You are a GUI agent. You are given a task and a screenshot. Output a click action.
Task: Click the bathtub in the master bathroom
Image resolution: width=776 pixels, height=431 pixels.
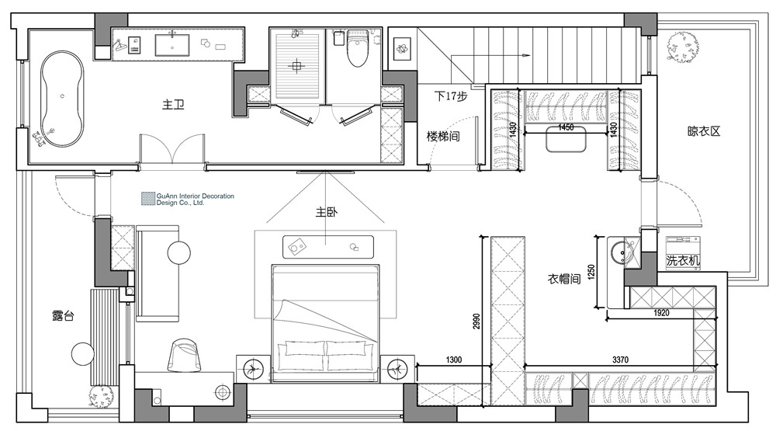[x=62, y=99]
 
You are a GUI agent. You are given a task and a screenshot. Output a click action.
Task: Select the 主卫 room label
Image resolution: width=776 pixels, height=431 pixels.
[x=173, y=105]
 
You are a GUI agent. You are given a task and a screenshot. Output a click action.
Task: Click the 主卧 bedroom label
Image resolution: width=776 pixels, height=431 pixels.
[x=327, y=212]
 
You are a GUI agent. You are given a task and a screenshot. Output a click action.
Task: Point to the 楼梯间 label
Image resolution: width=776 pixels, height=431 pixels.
[x=443, y=136]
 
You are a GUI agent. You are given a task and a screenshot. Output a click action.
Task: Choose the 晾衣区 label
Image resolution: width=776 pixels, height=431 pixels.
[x=704, y=131]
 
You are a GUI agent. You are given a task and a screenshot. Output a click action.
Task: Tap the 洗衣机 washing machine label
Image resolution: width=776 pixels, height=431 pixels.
[x=683, y=261]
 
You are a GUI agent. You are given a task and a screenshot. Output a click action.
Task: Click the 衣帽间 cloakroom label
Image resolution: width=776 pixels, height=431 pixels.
[x=563, y=279]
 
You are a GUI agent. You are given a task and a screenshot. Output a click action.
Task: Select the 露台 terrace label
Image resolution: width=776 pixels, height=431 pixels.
[x=63, y=315]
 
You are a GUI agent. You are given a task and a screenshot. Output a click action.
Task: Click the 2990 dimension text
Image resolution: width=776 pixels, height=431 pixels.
[x=476, y=321]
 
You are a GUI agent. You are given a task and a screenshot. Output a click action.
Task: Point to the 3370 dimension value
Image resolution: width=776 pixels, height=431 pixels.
[x=620, y=360]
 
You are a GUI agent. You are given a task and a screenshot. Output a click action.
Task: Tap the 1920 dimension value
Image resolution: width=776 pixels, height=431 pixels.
[x=661, y=313]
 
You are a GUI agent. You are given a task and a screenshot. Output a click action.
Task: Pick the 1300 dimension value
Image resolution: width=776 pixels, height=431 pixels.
[x=453, y=360]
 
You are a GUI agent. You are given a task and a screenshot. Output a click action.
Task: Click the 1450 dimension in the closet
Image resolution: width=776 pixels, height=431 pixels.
[x=566, y=127]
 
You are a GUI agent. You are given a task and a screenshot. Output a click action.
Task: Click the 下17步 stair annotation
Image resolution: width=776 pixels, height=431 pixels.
[x=450, y=96]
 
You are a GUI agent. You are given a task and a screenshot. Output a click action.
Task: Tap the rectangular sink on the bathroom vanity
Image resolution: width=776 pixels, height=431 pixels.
[x=172, y=45]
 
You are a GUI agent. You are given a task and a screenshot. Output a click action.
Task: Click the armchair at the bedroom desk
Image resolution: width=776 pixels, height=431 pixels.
[x=185, y=355]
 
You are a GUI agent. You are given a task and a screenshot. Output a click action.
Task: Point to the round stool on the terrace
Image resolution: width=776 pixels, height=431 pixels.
[x=83, y=354]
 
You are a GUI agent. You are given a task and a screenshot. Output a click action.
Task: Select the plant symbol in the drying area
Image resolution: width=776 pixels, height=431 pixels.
[x=683, y=46]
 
